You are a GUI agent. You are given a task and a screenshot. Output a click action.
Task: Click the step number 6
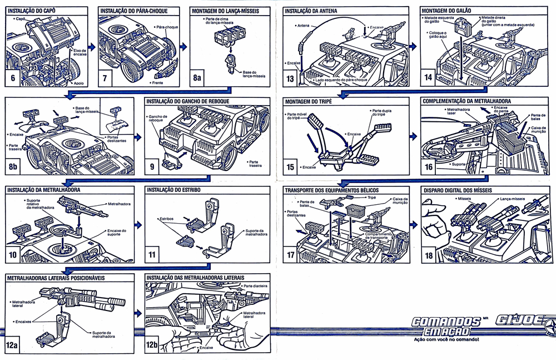click(x=12, y=77)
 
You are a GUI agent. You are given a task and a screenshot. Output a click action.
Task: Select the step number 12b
click(x=152, y=345)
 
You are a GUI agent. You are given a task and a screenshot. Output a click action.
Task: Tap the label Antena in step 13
click(x=303, y=26)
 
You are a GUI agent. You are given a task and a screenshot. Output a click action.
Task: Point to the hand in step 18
click(x=433, y=214)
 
